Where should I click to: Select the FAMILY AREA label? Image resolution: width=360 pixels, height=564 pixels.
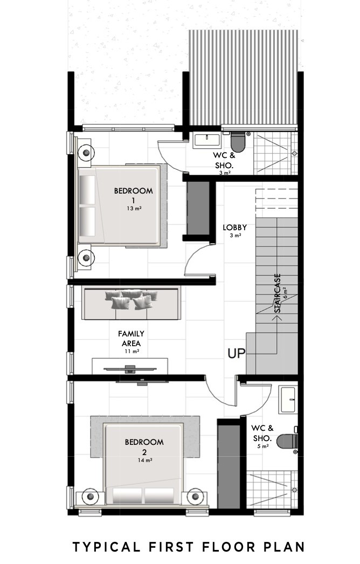131,338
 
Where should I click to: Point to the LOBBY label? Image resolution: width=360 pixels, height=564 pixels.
235,228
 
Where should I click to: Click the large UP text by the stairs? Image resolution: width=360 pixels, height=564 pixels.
237,354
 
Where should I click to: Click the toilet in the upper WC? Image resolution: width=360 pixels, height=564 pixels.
238,142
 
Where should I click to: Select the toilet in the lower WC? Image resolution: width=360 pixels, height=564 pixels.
287,441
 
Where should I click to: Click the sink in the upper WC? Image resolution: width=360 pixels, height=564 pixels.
206,140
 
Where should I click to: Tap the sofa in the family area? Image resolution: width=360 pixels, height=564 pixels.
131,302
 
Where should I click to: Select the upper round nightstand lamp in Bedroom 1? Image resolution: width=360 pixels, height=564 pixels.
85,152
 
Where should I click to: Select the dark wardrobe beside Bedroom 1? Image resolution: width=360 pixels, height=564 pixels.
197,210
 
